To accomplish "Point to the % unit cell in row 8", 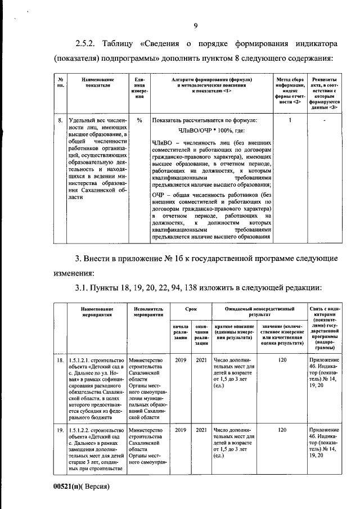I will tap(139, 120).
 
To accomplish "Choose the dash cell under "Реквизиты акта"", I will tap(325, 120).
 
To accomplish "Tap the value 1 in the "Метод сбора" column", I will tap(290, 120).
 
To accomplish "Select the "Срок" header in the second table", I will tap(191, 309).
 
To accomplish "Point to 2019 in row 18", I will tap(179, 359).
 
